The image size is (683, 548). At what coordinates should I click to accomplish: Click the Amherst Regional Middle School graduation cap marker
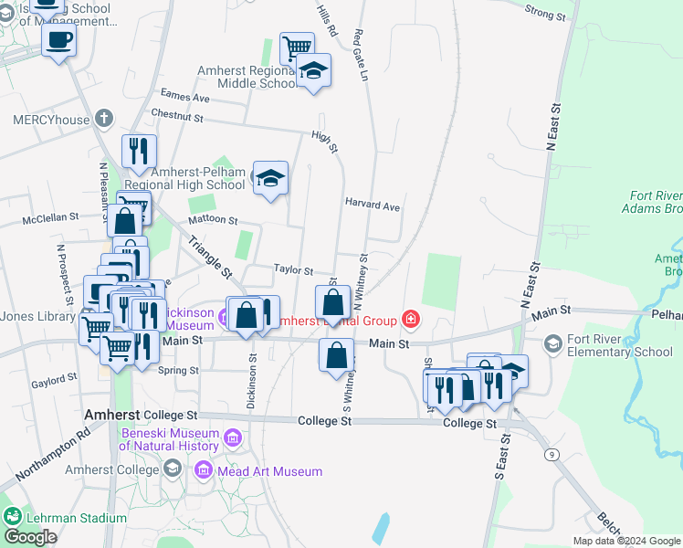pyautogui.click(x=313, y=71)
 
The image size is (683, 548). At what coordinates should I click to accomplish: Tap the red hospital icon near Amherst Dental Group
pyautogui.click(x=412, y=320)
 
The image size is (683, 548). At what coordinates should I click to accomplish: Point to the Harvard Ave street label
pyautogui.click(x=373, y=205)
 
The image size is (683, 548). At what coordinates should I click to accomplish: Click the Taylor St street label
pyautogui.click(x=294, y=271)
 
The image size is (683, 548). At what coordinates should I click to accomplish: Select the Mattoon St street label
pyautogui.click(x=212, y=220)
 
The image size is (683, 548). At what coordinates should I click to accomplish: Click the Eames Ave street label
pyautogui.click(x=184, y=96)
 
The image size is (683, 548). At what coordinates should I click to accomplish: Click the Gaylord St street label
pyautogui.click(x=54, y=379)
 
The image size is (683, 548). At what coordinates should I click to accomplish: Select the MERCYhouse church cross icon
pyautogui.click(x=104, y=119)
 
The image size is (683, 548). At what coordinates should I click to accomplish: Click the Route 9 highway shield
pyautogui.click(x=552, y=454)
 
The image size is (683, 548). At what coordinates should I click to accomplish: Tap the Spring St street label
pyautogui.click(x=178, y=371)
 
